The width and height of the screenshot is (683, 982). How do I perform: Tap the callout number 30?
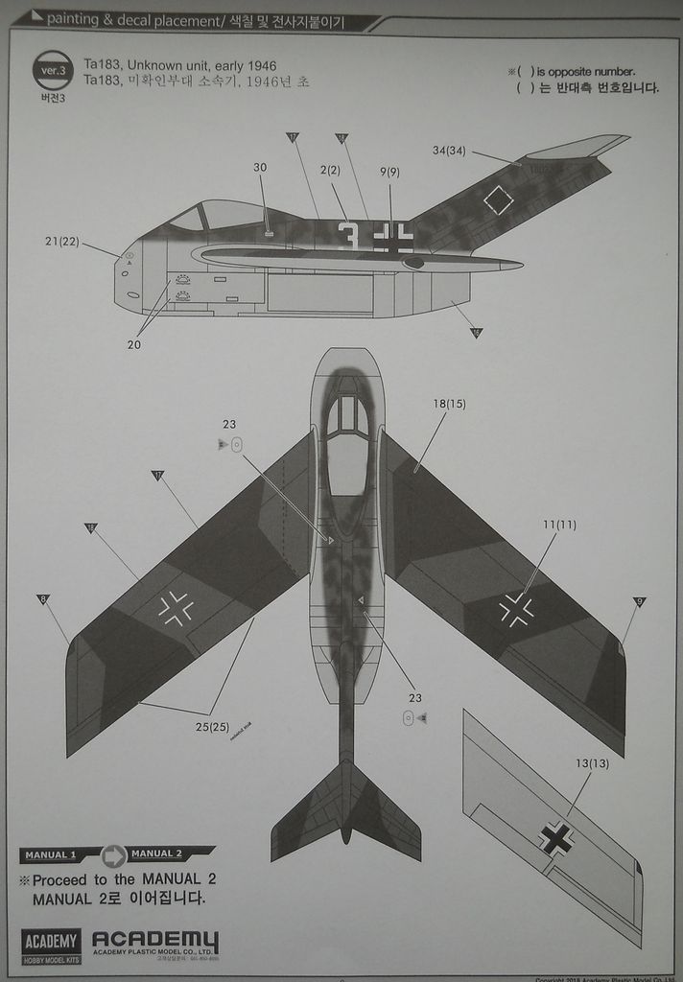(260, 168)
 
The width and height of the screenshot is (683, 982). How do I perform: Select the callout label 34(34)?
(449, 150)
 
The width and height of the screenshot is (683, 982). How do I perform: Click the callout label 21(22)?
(61, 241)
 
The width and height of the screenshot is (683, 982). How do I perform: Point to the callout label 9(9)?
(389, 172)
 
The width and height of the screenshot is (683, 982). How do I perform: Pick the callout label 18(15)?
(449, 404)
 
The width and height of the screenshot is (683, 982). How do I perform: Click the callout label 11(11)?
(559, 525)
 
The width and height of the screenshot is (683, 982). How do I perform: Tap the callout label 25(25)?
(213, 726)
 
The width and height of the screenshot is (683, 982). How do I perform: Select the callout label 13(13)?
(592, 763)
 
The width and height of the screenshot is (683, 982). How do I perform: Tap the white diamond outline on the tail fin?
(499, 200)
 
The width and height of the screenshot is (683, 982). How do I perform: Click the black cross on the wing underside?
(556, 838)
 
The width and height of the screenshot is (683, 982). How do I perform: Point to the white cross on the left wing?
(176, 607)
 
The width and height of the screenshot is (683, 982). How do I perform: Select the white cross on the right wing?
(516, 608)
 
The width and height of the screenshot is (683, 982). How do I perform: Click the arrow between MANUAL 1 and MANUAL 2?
(114, 854)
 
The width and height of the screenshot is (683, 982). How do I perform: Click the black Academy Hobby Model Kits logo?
(52, 946)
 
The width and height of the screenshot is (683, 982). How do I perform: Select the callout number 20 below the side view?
(133, 345)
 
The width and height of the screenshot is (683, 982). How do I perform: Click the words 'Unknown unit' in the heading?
(165, 64)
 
